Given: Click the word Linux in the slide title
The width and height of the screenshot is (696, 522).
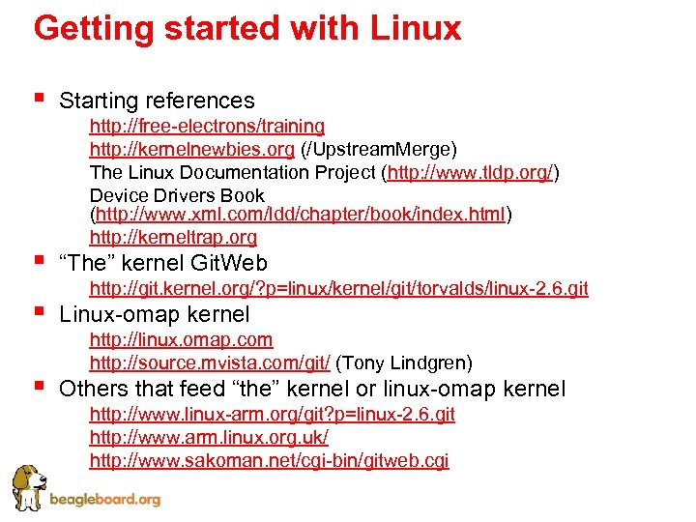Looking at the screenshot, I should click(x=413, y=28).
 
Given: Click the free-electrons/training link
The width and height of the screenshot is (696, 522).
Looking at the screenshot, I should click(x=207, y=126).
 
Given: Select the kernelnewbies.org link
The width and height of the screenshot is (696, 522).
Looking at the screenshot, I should click(x=191, y=149).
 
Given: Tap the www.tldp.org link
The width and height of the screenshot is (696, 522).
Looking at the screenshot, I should click(x=471, y=173).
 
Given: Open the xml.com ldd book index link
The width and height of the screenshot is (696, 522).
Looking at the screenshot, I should click(x=301, y=214).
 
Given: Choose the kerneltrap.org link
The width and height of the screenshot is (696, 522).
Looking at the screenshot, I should click(x=173, y=237).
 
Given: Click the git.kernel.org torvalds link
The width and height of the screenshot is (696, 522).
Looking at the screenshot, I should click(x=338, y=288).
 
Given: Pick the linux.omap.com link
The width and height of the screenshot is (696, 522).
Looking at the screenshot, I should click(x=181, y=339).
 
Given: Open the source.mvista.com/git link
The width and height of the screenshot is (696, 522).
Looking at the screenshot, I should click(x=210, y=362).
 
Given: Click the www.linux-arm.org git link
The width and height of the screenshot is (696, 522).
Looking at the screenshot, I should click(x=272, y=414).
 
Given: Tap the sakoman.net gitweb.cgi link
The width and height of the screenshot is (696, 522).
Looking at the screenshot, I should click(x=269, y=460).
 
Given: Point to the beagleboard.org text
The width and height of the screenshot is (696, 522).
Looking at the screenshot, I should click(x=104, y=500).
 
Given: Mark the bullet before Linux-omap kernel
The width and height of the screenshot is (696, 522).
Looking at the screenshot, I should click(x=39, y=310).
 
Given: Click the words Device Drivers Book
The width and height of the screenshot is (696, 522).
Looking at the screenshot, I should click(x=177, y=195).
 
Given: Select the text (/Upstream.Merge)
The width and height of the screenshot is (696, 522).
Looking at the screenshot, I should click(x=379, y=149).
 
